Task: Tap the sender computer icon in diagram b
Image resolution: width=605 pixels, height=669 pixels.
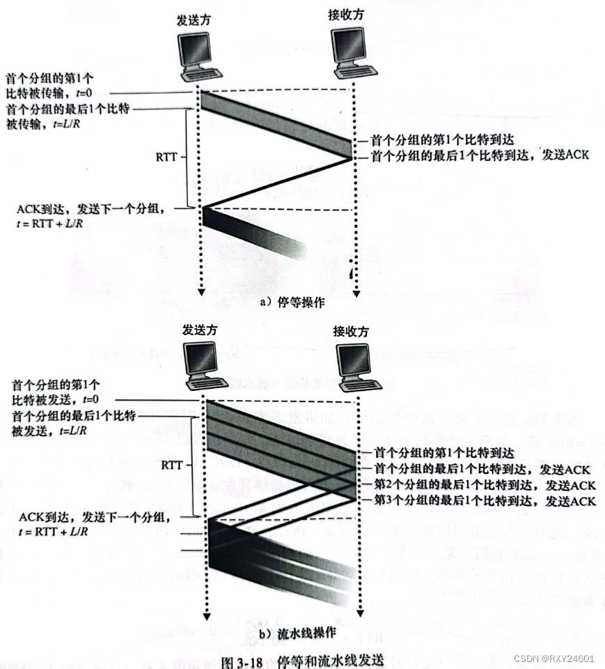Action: point(205,369)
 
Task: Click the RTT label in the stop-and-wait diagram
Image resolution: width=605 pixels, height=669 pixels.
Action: point(169,157)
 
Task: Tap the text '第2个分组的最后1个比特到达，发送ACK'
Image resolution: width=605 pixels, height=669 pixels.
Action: point(485,484)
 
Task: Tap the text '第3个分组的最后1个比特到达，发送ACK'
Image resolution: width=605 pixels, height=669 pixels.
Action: point(485,500)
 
